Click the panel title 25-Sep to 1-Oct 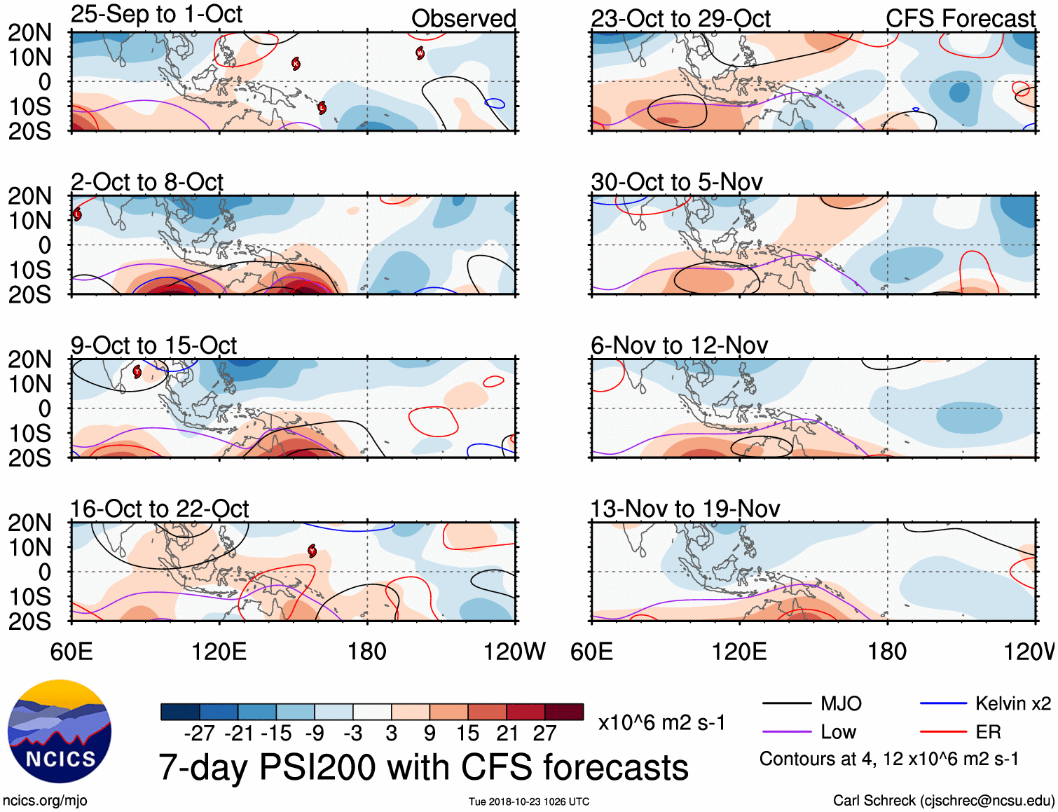(x=156, y=14)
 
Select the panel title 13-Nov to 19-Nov (x=685, y=509)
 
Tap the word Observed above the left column (x=463, y=19)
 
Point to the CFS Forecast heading (x=960, y=19)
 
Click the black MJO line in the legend (x=787, y=703)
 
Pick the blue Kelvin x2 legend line (x=943, y=703)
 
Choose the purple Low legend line (x=787, y=732)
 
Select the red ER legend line (x=943, y=732)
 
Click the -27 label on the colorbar (x=199, y=734)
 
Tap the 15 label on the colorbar (x=467, y=734)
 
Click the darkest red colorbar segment (x=564, y=712)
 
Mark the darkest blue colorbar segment (x=180, y=712)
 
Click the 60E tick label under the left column (x=71, y=652)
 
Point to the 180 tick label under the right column (x=887, y=652)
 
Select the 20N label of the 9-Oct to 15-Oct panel (x=29, y=359)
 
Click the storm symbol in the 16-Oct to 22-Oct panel (x=312, y=551)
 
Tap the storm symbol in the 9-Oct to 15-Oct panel (x=137, y=371)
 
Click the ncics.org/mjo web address (x=45, y=800)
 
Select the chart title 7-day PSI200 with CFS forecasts (x=423, y=767)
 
